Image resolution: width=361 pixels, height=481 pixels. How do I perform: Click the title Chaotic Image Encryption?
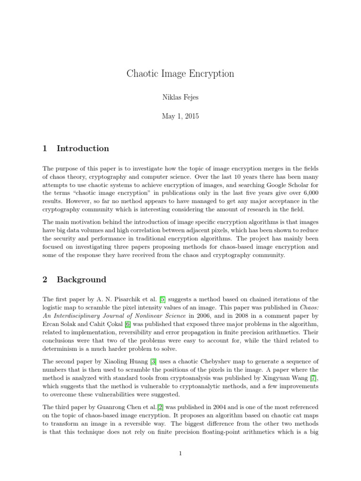[x=180, y=74]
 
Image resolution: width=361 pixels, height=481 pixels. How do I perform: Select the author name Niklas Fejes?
[x=180, y=98]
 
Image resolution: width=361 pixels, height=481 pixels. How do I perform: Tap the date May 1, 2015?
[x=180, y=116]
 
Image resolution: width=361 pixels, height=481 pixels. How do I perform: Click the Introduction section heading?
[x=83, y=148]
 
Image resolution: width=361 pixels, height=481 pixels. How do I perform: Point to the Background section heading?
[x=81, y=279]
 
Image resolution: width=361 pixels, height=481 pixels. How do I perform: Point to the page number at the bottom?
[x=180, y=453]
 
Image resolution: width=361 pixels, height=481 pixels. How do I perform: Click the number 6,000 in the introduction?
[x=309, y=193]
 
